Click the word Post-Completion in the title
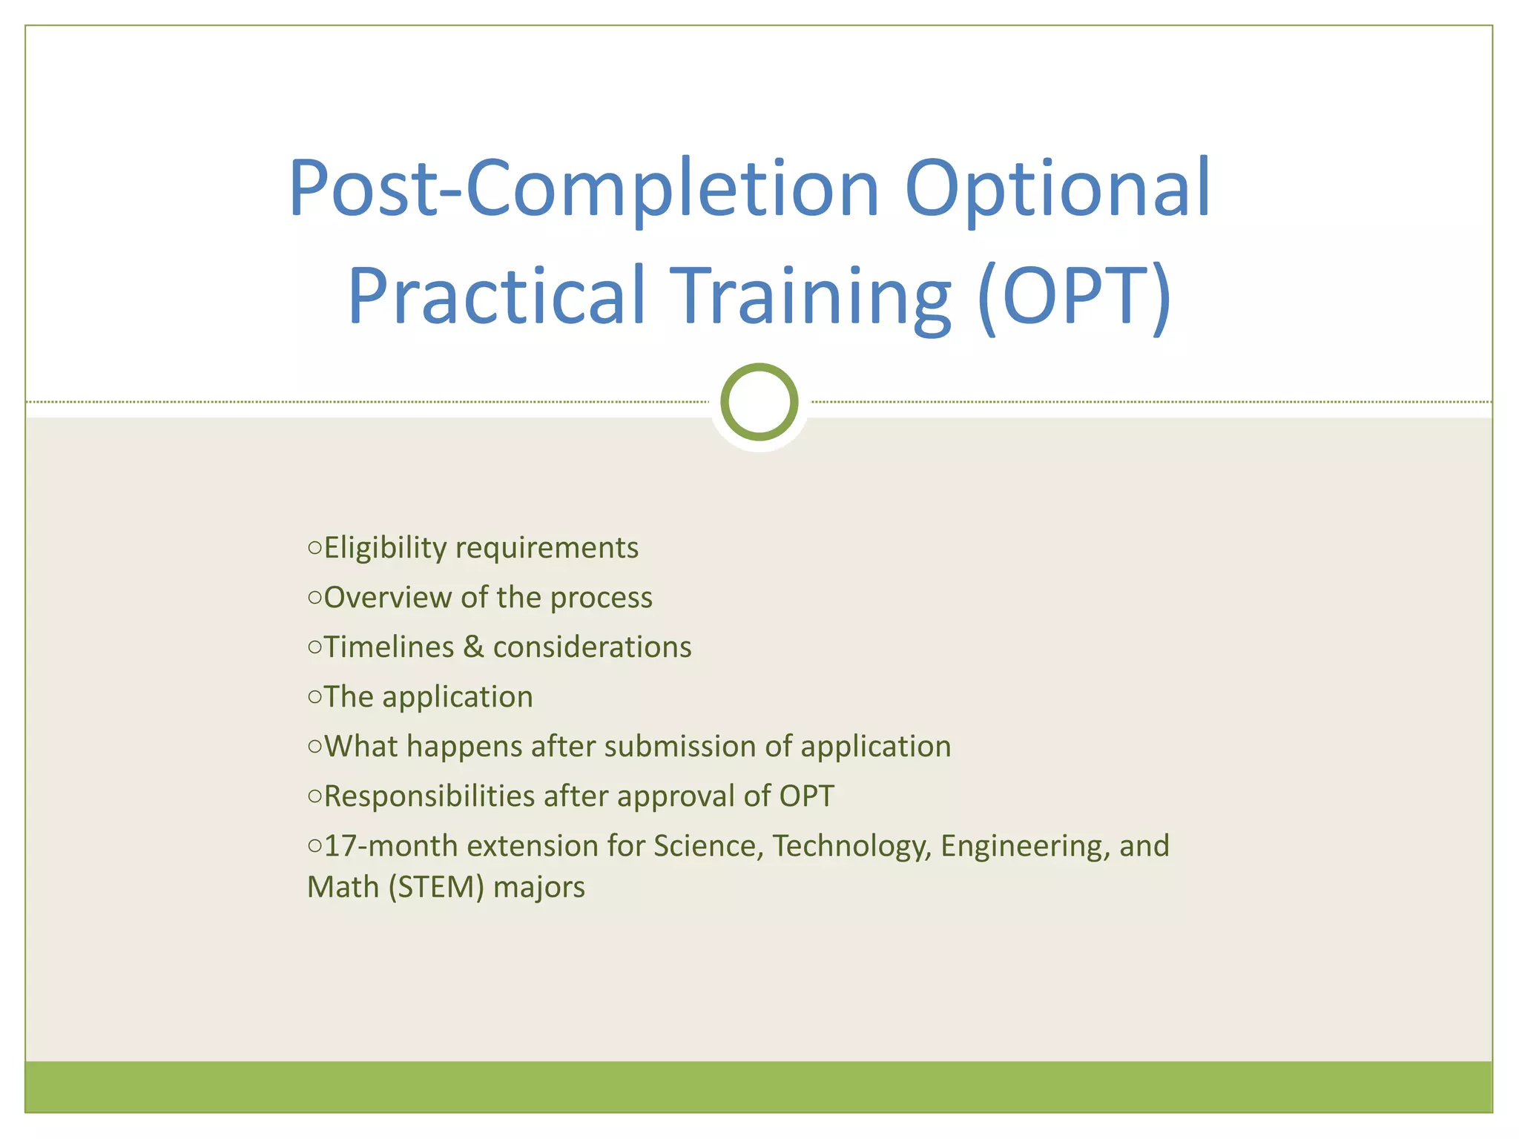coord(583,189)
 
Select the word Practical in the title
coord(497,297)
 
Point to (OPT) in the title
coord(1074,297)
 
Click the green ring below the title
coord(759,402)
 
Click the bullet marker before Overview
coord(314,598)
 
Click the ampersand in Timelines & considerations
coord(473,647)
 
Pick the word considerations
coord(592,647)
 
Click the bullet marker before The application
coord(314,697)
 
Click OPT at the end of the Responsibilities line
coord(806,796)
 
